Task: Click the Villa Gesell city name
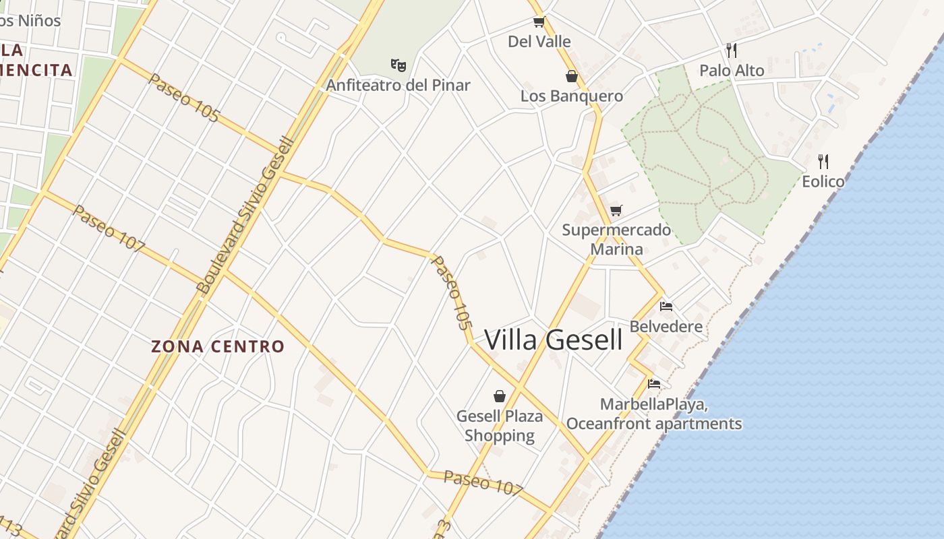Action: (553, 340)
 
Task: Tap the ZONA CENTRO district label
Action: (218, 347)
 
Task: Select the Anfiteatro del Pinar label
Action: (398, 86)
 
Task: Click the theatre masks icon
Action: (399, 65)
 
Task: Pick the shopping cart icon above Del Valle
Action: (539, 22)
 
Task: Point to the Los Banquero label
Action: (572, 96)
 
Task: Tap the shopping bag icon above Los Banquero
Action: (572, 76)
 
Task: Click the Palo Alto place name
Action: (732, 71)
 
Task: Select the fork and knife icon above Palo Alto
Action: (732, 51)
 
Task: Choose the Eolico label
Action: (823, 182)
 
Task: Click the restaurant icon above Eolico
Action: (823, 162)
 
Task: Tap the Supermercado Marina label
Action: (616, 240)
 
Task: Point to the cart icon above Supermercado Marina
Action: (616, 211)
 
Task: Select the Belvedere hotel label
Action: (666, 327)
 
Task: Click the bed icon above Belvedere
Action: (666, 307)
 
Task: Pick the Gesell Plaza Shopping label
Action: (500, 426)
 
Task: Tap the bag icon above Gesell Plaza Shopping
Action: (500, 396)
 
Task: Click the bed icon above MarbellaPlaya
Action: (654, 385)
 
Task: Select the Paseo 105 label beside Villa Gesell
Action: (450, 292)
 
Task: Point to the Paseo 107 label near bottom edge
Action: (483, 482)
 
